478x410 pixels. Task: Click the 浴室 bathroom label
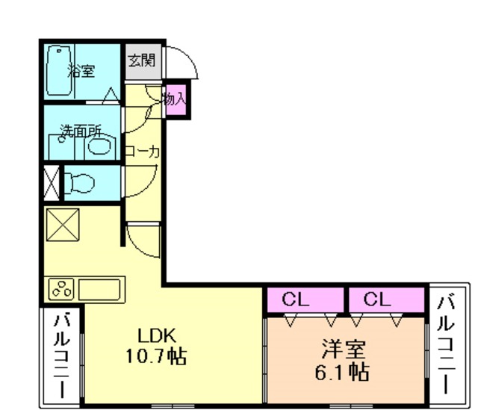(81, 71)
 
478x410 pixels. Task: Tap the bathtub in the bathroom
(59, 71)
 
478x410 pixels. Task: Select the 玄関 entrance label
(142, 60)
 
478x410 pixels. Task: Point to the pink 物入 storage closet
(176, 99)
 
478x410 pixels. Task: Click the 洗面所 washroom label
(81, 131)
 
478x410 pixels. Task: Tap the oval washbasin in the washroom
(99, 146)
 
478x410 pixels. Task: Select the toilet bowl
(79, 183)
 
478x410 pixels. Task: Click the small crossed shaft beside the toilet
(52, 182)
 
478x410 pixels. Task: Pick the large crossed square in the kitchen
(63, 225)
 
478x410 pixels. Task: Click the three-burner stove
(61, 289)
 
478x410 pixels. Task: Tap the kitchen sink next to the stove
(99, 289)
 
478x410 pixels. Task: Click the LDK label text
(157, 336)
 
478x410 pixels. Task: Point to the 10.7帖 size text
(156, 355)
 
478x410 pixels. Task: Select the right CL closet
(387, 299)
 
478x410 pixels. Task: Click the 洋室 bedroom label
(344, 349)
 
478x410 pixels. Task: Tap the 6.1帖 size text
(342, 372)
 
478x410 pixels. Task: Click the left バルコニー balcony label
(61, 356)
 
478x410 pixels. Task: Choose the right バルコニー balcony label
(446, 344)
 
